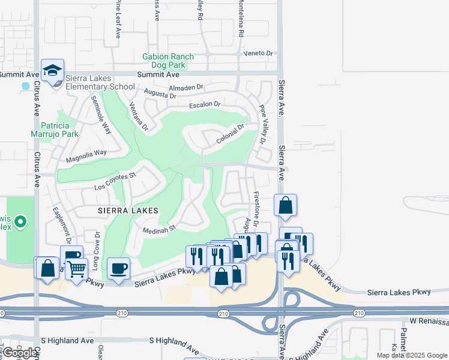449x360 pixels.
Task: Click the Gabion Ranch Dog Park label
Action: [168, 61]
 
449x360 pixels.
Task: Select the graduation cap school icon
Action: [52, 71]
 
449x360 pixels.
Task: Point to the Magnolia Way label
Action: [86, 155]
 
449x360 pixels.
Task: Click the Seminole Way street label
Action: [101, 114]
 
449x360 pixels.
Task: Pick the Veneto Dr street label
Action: [258, 53]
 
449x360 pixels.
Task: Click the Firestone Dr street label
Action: [255, 205]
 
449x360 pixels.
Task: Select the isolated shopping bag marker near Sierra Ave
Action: [285, 205]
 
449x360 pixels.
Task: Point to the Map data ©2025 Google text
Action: [411, 355]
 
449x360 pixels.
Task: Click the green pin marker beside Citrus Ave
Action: [21, 223]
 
